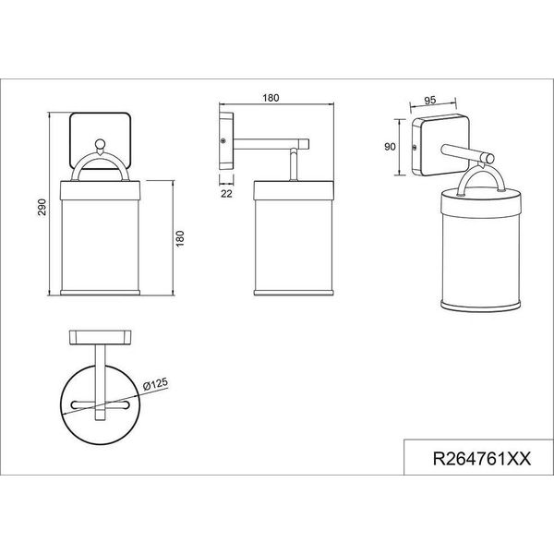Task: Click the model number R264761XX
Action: tap(482, 459)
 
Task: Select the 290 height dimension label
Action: tap(42, 207)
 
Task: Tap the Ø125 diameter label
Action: tap(155, 384)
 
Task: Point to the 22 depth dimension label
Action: tap(226, 194)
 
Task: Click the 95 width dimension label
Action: tap(430, 101)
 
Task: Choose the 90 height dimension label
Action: tap(390, 146)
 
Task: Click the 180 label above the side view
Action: tap(271, 98)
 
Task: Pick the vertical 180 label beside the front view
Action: tap(180, 238)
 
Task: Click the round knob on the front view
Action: tap(101, 144)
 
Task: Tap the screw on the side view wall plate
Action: tap(223, 141)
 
